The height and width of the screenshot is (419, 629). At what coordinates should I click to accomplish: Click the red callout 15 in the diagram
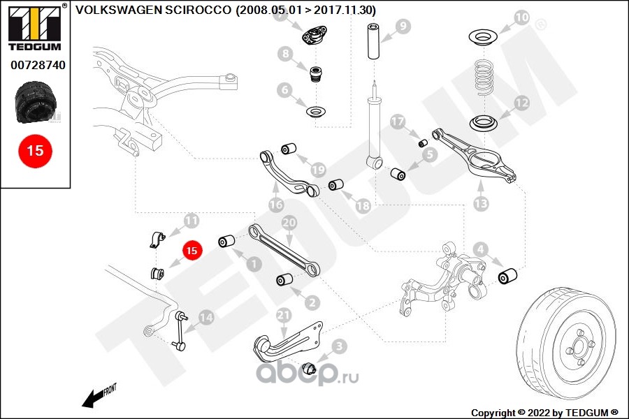pos(191,249)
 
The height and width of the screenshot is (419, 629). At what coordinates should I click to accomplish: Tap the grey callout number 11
pos(191,221)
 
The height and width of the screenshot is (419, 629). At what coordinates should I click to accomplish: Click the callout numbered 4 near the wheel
pos(480,249)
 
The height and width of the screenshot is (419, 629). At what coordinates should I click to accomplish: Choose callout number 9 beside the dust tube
pos(403,27)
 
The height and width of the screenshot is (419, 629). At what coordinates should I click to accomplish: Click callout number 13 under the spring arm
pos(481,203)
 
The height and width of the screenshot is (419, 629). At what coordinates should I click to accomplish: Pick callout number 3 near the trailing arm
pos(338,346)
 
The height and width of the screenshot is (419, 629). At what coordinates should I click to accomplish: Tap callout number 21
pos(283,316)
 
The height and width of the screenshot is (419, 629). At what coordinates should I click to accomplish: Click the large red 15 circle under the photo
pos(35,150)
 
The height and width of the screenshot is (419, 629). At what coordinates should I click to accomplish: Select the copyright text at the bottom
pos(544,412)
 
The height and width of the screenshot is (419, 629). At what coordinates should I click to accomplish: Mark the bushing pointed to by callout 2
pos(283,280)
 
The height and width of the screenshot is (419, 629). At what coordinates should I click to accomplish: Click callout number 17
pos(398,122)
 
